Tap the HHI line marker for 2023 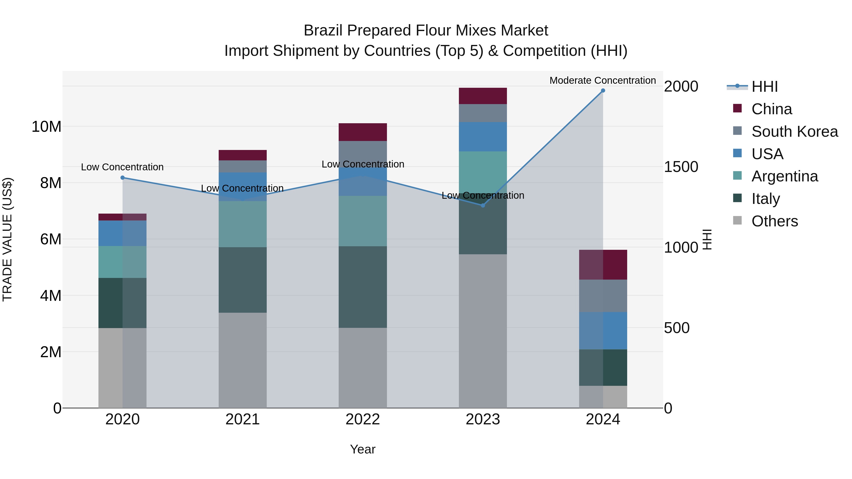click(x=483, y=205)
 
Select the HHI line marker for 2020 click(x=122, y=177)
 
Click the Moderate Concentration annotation click(x=602, y=80)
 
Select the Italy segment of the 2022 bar click(x=363, y=287)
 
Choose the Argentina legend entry click(x=784, y=176)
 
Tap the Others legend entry click(x=774, y=221)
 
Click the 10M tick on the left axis click(x=46, y=127)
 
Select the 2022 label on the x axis click(x=363, y=419)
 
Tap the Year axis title click(x=363, y=449)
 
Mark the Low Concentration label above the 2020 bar click(x=122, y=167)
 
